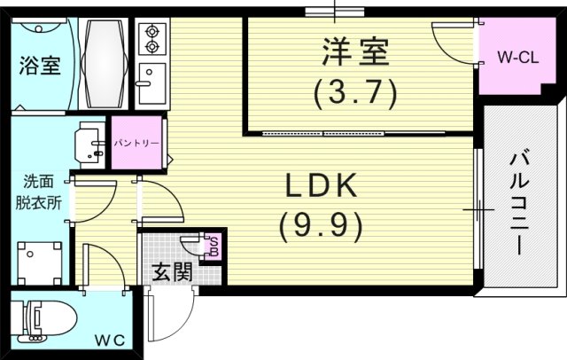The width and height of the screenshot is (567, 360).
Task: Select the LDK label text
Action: [x=320, y=186]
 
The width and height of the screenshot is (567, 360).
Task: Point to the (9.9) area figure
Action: [x=320, y=227]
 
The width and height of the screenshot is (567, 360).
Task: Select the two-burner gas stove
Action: [x=151, y=36]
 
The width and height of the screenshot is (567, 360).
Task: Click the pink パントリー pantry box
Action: [x=136, y=142]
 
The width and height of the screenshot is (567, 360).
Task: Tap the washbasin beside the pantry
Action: [x=91, y=143]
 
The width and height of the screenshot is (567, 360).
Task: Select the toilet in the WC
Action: [x=48, y=322]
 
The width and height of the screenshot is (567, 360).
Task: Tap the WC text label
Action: [x=110, y=340]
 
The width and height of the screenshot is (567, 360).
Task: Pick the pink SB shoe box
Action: [x=213, y=246]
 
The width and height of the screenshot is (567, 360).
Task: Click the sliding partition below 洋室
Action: [x=323, y=133]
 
